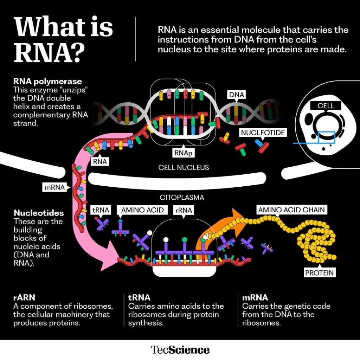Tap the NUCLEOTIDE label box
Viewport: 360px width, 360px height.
point(263,133)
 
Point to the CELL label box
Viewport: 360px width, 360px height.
point(326,105)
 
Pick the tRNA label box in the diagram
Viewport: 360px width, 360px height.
point(101,210)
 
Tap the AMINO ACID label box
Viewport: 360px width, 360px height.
point(143,210)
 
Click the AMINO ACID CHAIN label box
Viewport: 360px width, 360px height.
point(291,210)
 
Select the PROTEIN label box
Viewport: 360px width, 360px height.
point(320,272)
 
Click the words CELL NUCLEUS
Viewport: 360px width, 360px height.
point(184,167)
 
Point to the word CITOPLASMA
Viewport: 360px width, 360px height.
point(182,198)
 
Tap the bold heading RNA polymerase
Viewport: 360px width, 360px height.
point(47,82)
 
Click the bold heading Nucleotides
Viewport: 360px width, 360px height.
point(39,213)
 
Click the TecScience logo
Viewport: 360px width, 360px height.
point(180,350)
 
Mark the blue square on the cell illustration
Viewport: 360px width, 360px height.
point(327,137)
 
